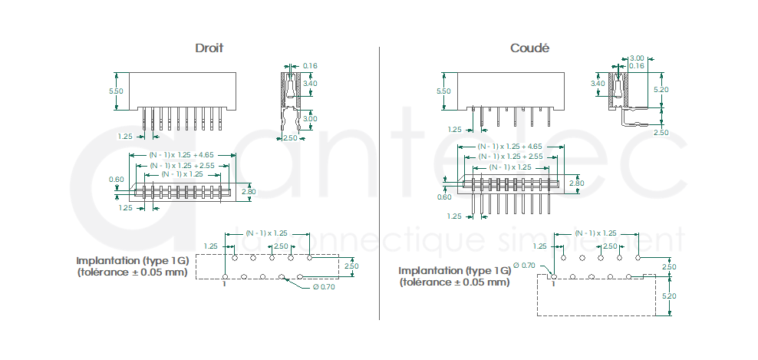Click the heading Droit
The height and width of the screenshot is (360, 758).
click(209, 48)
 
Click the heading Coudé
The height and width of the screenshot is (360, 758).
click(530, 48)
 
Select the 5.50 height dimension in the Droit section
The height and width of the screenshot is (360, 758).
click(116, 91)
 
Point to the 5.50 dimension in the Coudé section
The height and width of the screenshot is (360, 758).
click(443, 91)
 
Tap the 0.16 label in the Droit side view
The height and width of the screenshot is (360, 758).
click(310, 66)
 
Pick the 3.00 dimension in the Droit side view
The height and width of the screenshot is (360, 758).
click(310, 119)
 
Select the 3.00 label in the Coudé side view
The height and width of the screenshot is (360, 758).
click(636, 58)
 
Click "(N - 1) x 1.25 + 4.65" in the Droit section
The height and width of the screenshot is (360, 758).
click(183, 154)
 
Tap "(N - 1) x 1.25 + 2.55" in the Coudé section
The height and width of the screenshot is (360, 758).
click(510, 156)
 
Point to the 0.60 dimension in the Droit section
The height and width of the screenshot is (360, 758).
click(117, 180)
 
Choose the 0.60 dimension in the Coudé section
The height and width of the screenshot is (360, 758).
click(445, 197)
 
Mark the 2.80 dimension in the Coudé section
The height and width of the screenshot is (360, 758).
click(576, 183)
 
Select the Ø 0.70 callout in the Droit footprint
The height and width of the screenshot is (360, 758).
click(324, 287)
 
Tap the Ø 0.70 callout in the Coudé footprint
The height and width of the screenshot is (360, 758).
click(524, 265)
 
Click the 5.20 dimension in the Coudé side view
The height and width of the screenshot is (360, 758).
click(661, 90)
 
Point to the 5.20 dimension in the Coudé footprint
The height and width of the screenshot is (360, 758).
click(669, 296)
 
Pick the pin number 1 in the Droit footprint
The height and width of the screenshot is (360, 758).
click(223, 285)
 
